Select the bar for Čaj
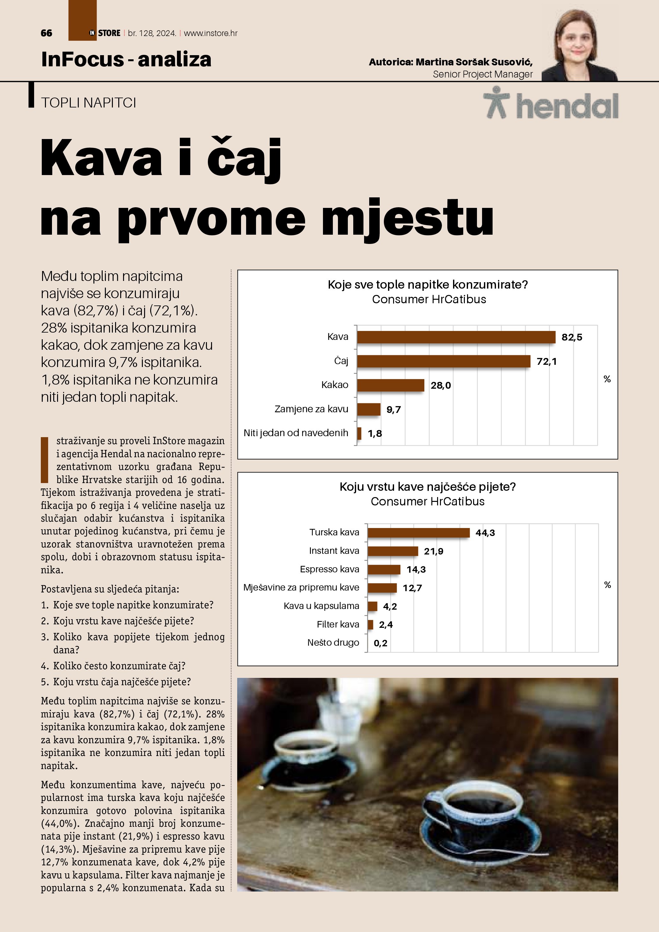[x=443, y=361]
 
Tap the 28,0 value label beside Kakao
[x=440, y=385]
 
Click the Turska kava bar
[x=418, y=532]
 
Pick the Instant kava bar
[x=392, y=551]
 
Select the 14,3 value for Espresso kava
[x=416, y=569]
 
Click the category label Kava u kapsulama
[x=321, y=606]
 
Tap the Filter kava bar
[x=370, y=624]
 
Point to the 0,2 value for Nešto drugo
[x=380, y=643]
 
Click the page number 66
[x=46, y=33]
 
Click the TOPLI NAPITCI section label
[x=88, y=103]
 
